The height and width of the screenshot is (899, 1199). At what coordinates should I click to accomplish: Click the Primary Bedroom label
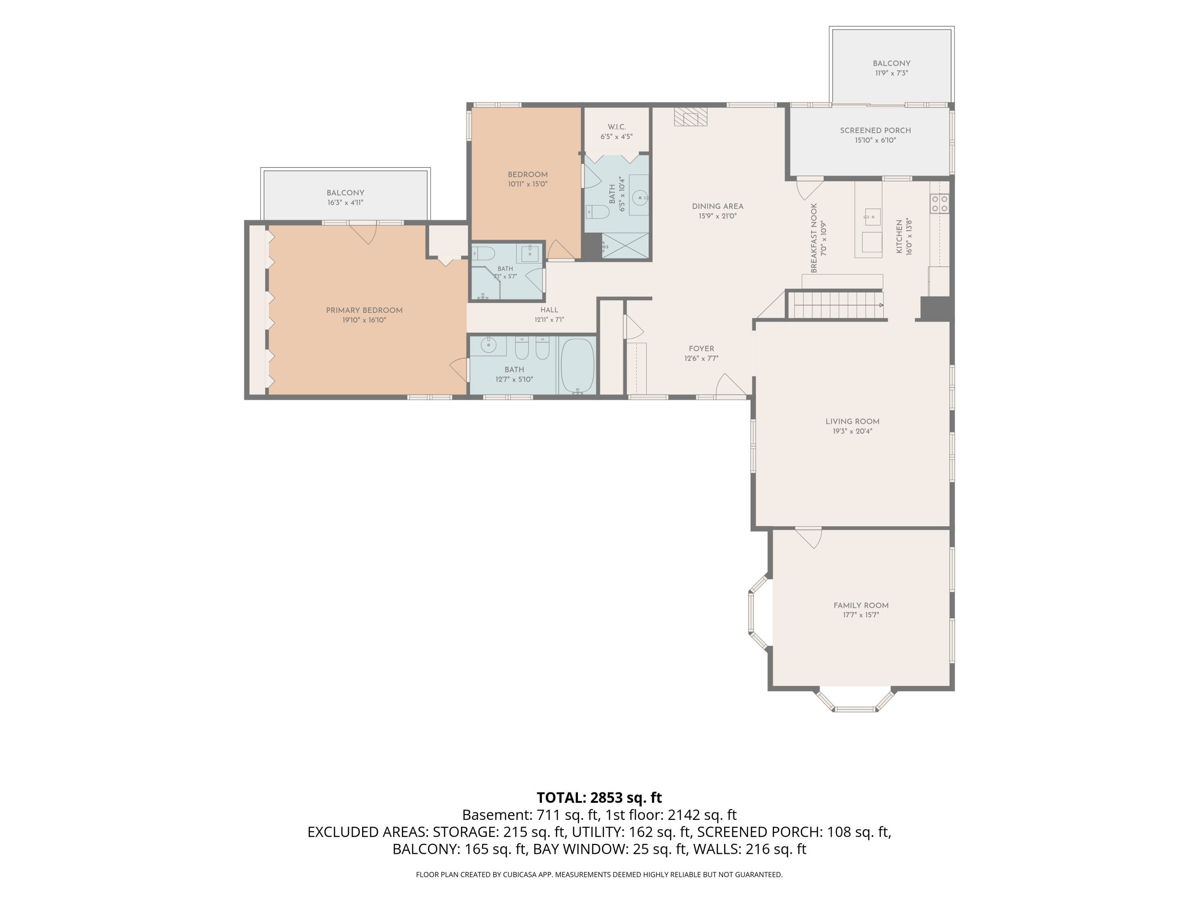(364, 310)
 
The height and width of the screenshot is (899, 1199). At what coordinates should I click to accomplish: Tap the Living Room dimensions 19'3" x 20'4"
(852, 432)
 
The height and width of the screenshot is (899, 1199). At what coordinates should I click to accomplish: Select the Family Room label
(861, 605)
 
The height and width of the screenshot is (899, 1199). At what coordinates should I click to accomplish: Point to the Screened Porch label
(875, 131)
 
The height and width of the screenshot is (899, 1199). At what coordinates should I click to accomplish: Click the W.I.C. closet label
(617, 127)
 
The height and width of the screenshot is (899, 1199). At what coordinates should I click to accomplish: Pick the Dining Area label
(718, 207)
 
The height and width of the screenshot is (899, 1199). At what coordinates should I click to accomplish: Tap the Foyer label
(701, 349)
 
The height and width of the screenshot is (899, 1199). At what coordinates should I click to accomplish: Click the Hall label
(549, 310)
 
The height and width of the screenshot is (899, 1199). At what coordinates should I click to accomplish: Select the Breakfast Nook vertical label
(814, 238)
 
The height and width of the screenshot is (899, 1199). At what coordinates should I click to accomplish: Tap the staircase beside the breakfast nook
(835, 305)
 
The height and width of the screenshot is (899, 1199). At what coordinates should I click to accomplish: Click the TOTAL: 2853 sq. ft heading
(599, 798)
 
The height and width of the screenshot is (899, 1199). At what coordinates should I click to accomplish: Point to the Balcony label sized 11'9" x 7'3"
(892, 64)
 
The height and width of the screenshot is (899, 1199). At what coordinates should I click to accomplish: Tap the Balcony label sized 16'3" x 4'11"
(345, 193)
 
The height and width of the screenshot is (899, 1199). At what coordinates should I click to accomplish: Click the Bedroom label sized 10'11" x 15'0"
(528, 175)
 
